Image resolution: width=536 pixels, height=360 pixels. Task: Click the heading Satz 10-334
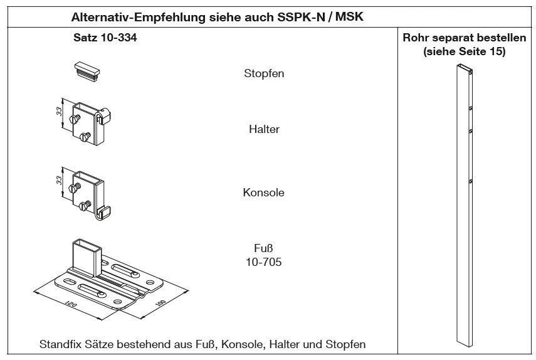tap(105, 37)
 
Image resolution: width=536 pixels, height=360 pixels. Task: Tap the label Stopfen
tap(264, 73)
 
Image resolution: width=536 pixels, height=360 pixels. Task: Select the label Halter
tap(264, 129)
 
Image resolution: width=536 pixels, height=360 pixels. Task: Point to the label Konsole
tap(263, 193)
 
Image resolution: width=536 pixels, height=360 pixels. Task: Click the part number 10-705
tap(263, 262)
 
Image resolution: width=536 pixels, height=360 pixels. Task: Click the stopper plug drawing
tap(87, 70)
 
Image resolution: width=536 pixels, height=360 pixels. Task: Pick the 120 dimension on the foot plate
tap(70, 304)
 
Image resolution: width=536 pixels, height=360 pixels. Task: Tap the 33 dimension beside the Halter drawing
tap(60, 112)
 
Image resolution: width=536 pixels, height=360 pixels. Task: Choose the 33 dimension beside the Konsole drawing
tap(60, 181)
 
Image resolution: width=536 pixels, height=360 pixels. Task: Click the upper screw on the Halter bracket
tap(75, 119)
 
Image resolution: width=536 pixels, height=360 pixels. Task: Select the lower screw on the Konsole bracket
tap(84, 206)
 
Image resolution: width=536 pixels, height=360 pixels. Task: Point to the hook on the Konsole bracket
tap(103, 213)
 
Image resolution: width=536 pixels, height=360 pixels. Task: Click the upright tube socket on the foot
tap(87, 257)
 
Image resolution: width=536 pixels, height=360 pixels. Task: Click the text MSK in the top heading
tap(349, 17)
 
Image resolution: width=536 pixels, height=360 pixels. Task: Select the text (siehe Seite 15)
tap(464, 51)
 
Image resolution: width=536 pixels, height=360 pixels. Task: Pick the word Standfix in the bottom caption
tap(60, 344)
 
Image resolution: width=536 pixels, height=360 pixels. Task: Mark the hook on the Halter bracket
tap(103, 116)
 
